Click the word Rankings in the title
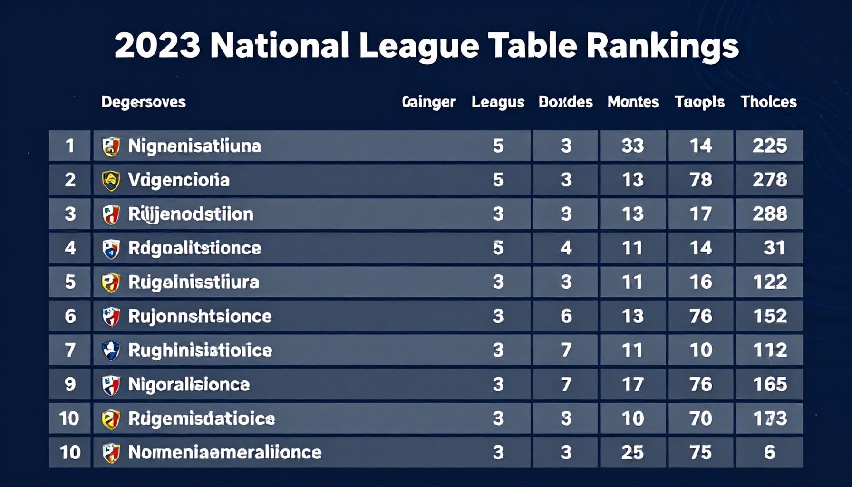662,47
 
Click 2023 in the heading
157,47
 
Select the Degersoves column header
143,102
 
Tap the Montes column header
633,102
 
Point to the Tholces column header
768,102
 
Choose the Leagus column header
498,102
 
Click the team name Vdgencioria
179,180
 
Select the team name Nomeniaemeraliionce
225,452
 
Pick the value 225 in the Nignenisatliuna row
769,146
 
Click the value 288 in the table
769,214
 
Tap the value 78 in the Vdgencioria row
701,180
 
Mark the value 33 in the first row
633,146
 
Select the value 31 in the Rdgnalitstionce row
774,248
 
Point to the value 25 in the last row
633,452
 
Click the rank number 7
70,350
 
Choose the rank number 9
70,384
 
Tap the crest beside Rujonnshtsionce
111,317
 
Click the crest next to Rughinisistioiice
111,351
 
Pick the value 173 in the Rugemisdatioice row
769,419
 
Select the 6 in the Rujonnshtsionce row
566,316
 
